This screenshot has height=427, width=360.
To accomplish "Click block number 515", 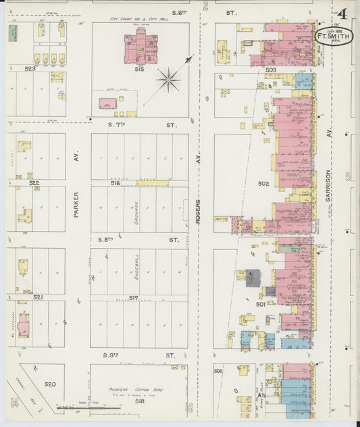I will click(139, 69).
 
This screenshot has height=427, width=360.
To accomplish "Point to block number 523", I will click(30, 69).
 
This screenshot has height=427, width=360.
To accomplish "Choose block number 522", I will click(34, 183).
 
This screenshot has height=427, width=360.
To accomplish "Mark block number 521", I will click(38, 297).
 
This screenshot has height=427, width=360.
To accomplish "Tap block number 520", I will click(50, 384).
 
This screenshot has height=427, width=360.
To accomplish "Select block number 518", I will click(139, 401).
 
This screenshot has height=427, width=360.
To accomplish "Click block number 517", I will click(134, 298).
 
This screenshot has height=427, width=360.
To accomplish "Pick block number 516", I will click(115, 183).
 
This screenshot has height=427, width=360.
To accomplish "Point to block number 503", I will click(271, 70).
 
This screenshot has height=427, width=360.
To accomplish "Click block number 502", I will click(263, 183).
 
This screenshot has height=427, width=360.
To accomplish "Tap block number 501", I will click(261, 303).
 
